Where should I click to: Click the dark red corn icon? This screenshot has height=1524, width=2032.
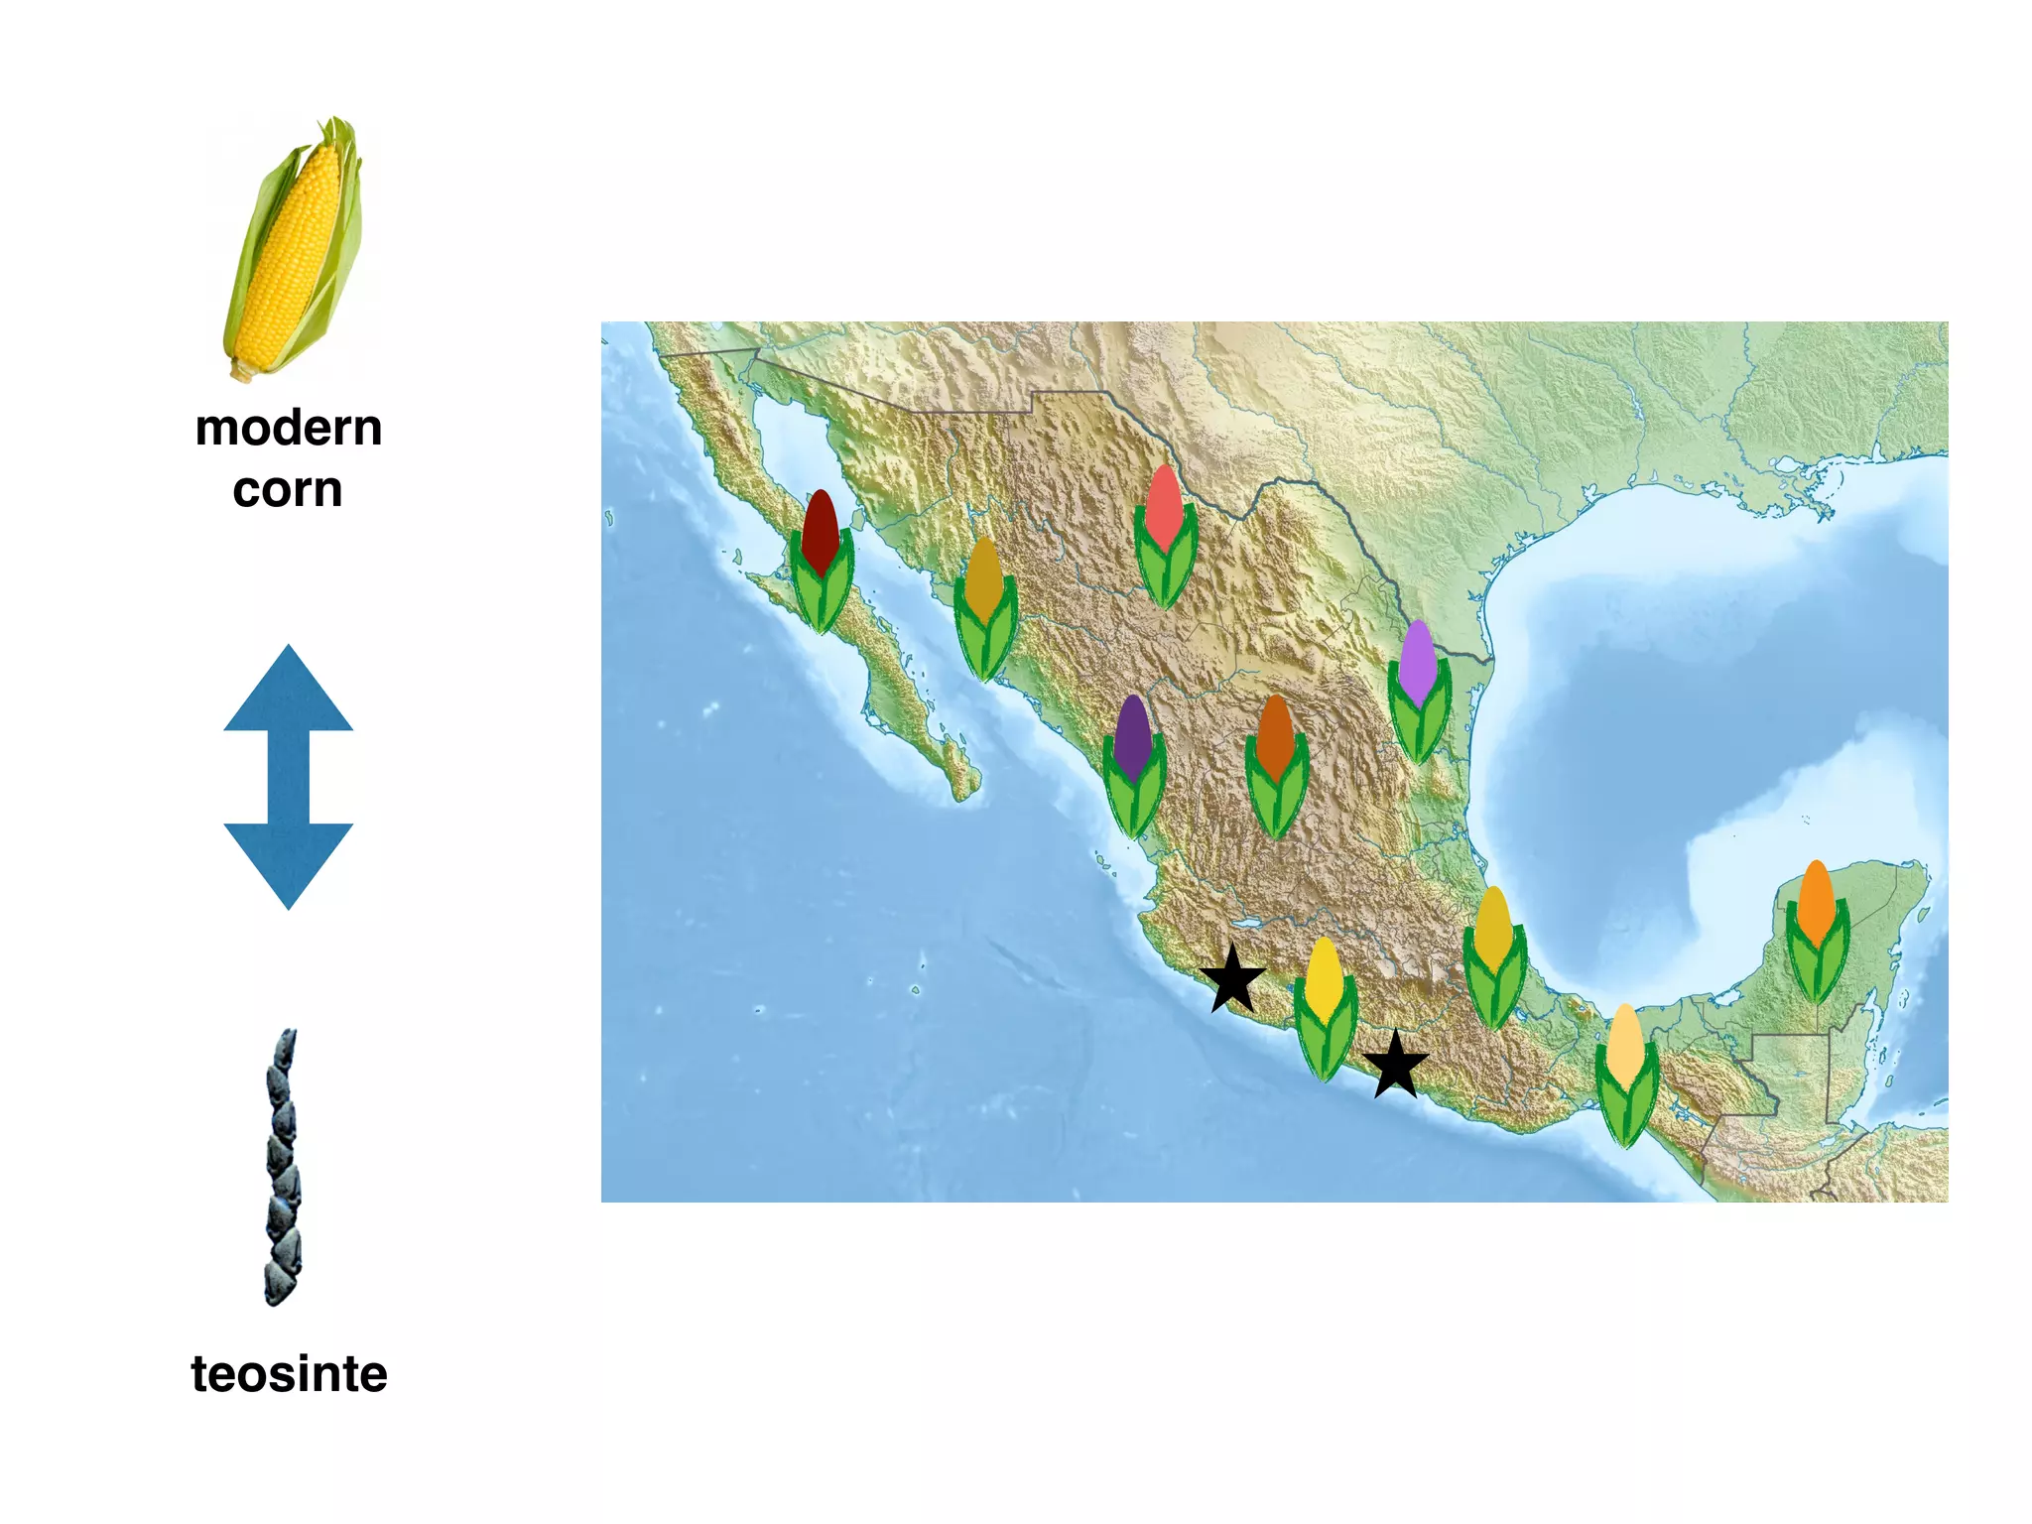[822, 561]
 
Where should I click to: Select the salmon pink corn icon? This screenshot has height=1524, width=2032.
[1166, 536]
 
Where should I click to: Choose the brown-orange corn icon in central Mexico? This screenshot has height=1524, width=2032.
[1277, 765]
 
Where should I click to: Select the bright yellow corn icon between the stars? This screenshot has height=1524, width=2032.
[1326, 1008]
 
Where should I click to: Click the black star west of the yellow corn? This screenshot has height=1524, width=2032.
[1232, 979]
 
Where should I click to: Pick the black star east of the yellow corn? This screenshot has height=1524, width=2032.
[1396, 1065]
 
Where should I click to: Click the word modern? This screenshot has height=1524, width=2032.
[289, 429]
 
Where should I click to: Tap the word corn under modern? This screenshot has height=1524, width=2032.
[288, 490]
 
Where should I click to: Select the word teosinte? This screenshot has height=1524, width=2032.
[289, 1374]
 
